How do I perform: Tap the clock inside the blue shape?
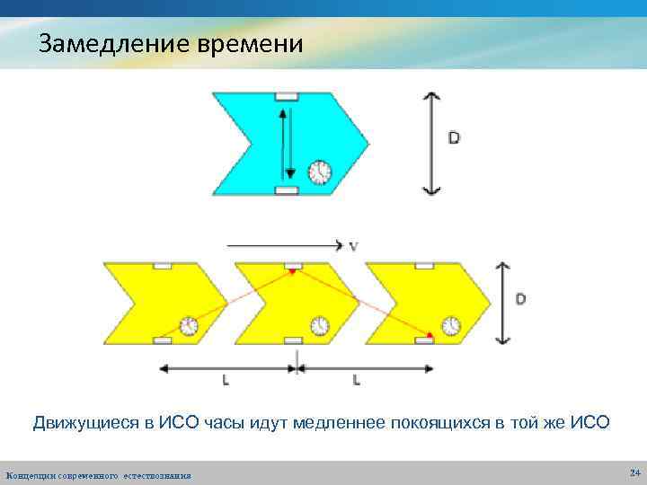coord(319,171)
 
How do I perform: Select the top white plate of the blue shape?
coord(287,96)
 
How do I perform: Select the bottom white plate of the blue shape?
coord(287,190)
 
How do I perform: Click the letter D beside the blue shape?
coord(454,138)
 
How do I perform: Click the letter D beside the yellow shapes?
coord(521,298)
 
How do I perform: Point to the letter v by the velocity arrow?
coord(354,244)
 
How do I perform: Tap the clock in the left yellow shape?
coord(190,324)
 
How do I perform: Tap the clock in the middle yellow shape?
coord(320,324)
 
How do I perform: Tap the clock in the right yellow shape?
coord(450,324)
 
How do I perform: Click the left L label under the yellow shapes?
coord(225,380)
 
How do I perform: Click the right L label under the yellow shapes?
coord(357,380)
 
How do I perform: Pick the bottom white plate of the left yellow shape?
coord(163,340)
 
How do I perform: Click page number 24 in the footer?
coord(634,472)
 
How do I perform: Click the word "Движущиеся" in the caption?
coord(85,422)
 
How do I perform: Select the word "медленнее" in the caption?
coord(341,422)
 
